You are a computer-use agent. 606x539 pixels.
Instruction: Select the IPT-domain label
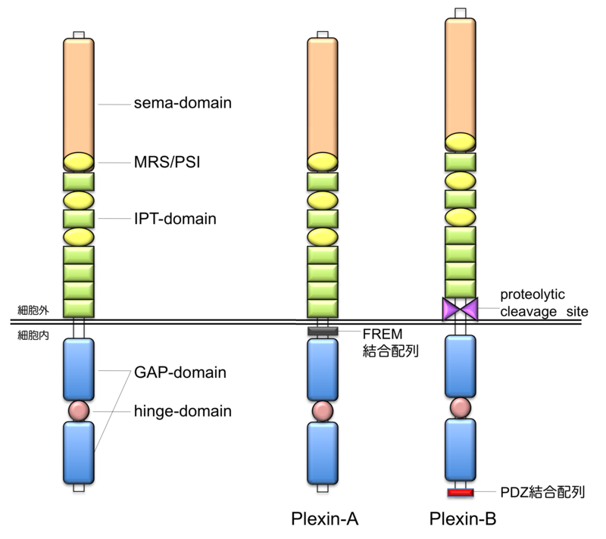(176, 219)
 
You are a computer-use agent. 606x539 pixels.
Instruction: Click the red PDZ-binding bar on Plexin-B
(461, 493)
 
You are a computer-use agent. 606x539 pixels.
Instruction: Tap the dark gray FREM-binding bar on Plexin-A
(322, 331)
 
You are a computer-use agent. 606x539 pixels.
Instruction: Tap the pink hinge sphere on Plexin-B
(461, 406)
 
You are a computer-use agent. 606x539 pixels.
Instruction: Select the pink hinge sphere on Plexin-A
(322, 410)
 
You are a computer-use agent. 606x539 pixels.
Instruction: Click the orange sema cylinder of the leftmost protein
(79, 97)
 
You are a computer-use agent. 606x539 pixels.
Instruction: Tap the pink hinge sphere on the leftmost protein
(79, 410)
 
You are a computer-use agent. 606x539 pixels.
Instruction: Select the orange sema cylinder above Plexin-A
(322, 97)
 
